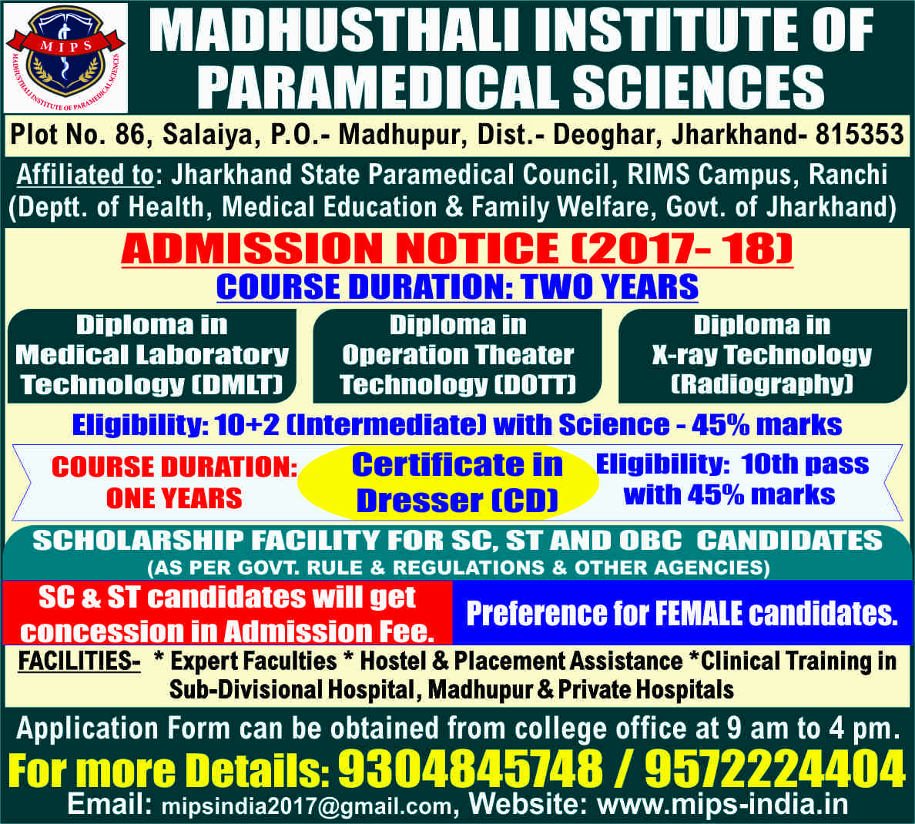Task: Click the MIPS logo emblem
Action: point(65,58)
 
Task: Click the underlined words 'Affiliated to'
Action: point(85,175)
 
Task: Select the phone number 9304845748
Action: point(471,769)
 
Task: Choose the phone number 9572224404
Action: point(775,769)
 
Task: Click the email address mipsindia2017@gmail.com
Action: point(307,806)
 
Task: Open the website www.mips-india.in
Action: point(722,805)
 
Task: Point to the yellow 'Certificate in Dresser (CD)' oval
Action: point(448,483)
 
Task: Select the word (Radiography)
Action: point(762,384)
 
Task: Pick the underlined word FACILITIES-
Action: point(79,661)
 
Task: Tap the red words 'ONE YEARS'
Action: point(174,498)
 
